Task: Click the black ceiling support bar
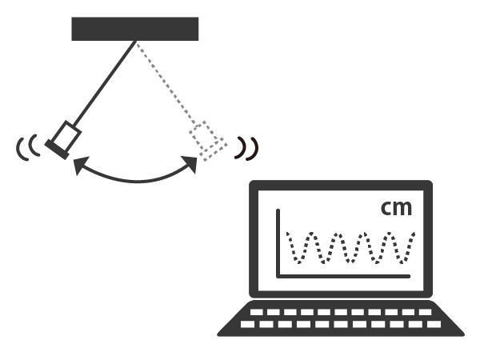click(135, 28)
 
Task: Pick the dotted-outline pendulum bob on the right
click(208, 141)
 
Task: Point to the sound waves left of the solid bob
click(27, 148)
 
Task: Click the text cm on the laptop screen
click(396, 208)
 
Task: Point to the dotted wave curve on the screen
click(352, 247)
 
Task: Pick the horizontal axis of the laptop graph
click(344, 277)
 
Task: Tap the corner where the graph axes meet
click(278, 277)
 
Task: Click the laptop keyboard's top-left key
click(258, 312)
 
